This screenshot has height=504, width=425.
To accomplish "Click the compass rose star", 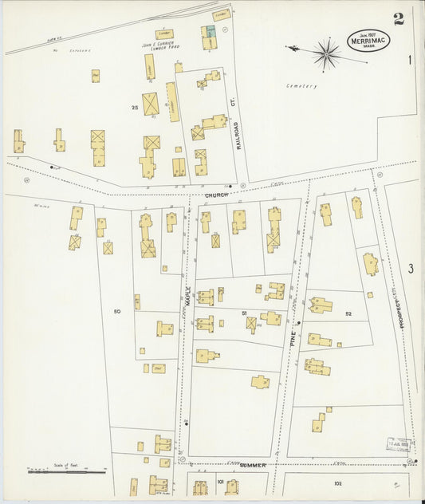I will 325,54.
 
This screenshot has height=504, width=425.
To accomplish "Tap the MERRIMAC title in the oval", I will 368,41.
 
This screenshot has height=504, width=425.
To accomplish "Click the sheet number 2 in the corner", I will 399,19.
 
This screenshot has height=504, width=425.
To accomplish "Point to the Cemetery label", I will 302,86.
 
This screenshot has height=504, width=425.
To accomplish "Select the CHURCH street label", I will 216,195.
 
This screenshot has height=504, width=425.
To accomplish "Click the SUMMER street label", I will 253,464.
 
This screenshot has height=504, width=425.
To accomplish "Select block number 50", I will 117,311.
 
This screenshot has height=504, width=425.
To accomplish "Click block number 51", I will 244,313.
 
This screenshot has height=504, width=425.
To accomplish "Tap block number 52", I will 348,314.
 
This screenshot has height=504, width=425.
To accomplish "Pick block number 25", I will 136,106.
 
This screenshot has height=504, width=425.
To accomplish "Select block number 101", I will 220,482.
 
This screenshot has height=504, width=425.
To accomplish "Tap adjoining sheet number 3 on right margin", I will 411,269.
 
